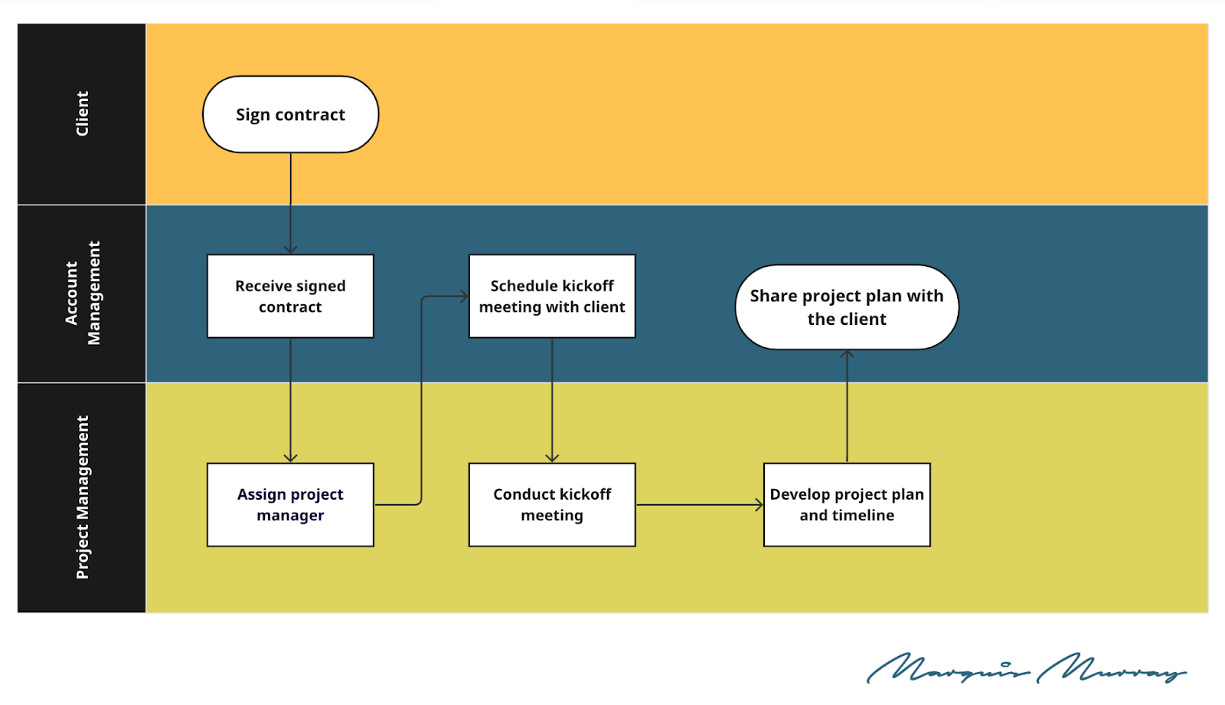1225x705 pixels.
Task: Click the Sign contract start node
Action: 290,114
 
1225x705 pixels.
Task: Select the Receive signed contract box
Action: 290,296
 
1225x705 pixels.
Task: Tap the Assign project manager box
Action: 290,504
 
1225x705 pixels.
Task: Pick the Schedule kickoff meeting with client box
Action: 552,296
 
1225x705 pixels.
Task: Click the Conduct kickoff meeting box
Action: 552,504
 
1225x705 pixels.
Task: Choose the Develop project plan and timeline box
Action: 847,504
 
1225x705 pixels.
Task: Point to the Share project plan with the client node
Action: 847,307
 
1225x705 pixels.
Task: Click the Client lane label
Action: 82,114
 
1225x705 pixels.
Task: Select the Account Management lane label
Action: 82,293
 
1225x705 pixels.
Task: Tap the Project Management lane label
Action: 82,497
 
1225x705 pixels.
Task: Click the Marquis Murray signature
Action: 1026,668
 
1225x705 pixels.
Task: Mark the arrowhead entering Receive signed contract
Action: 290,250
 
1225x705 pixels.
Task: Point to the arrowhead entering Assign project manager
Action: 290,458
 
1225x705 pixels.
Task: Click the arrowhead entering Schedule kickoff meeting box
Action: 464,296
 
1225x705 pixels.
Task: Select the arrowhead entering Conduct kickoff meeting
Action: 552,458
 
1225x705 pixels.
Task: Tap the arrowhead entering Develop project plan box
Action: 759,504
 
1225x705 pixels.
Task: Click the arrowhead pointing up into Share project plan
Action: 847,354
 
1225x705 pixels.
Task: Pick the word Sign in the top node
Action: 253,115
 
